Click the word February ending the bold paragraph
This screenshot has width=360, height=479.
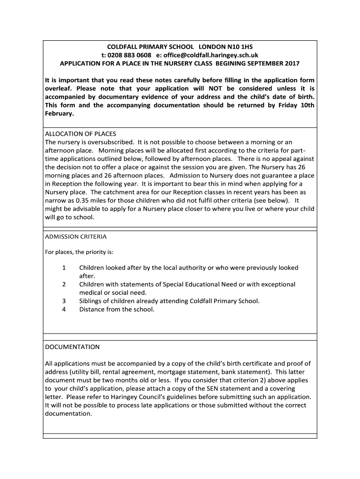click(x=60, y=114)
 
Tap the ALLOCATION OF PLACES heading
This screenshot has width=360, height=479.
click(x=80, y=133)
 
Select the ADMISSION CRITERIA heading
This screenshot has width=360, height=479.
click(x=76, y=237)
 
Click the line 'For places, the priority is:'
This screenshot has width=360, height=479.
click(x=79, y=252)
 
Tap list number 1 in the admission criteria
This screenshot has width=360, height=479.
click(x=64, y=268)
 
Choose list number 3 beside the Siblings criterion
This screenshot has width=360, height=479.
click(x=64, y=301)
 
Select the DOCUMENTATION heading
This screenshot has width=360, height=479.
click(x=72, y=347)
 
